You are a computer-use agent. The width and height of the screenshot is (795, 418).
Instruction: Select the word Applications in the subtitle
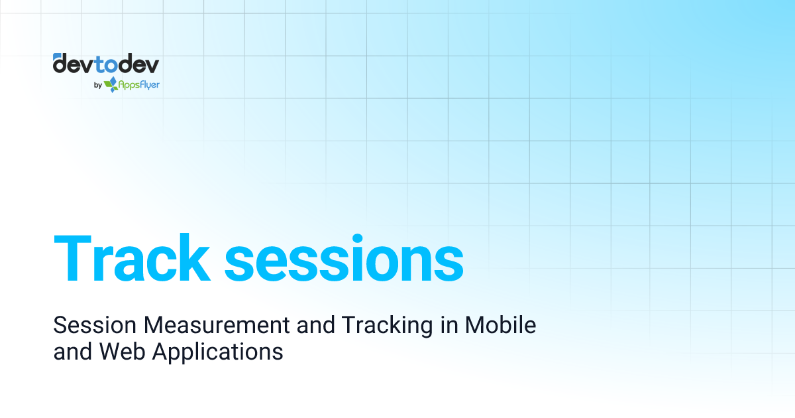click(x=218, y=352)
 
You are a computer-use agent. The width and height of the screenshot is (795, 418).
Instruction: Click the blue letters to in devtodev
click(x=105, y=64)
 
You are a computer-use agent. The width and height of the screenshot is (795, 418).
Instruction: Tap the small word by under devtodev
click(x=98, y=85)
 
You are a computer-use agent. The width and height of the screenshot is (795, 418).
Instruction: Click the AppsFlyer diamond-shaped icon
click(x=111, y=84)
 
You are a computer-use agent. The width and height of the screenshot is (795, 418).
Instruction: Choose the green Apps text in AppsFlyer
click(x=129, y=85)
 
